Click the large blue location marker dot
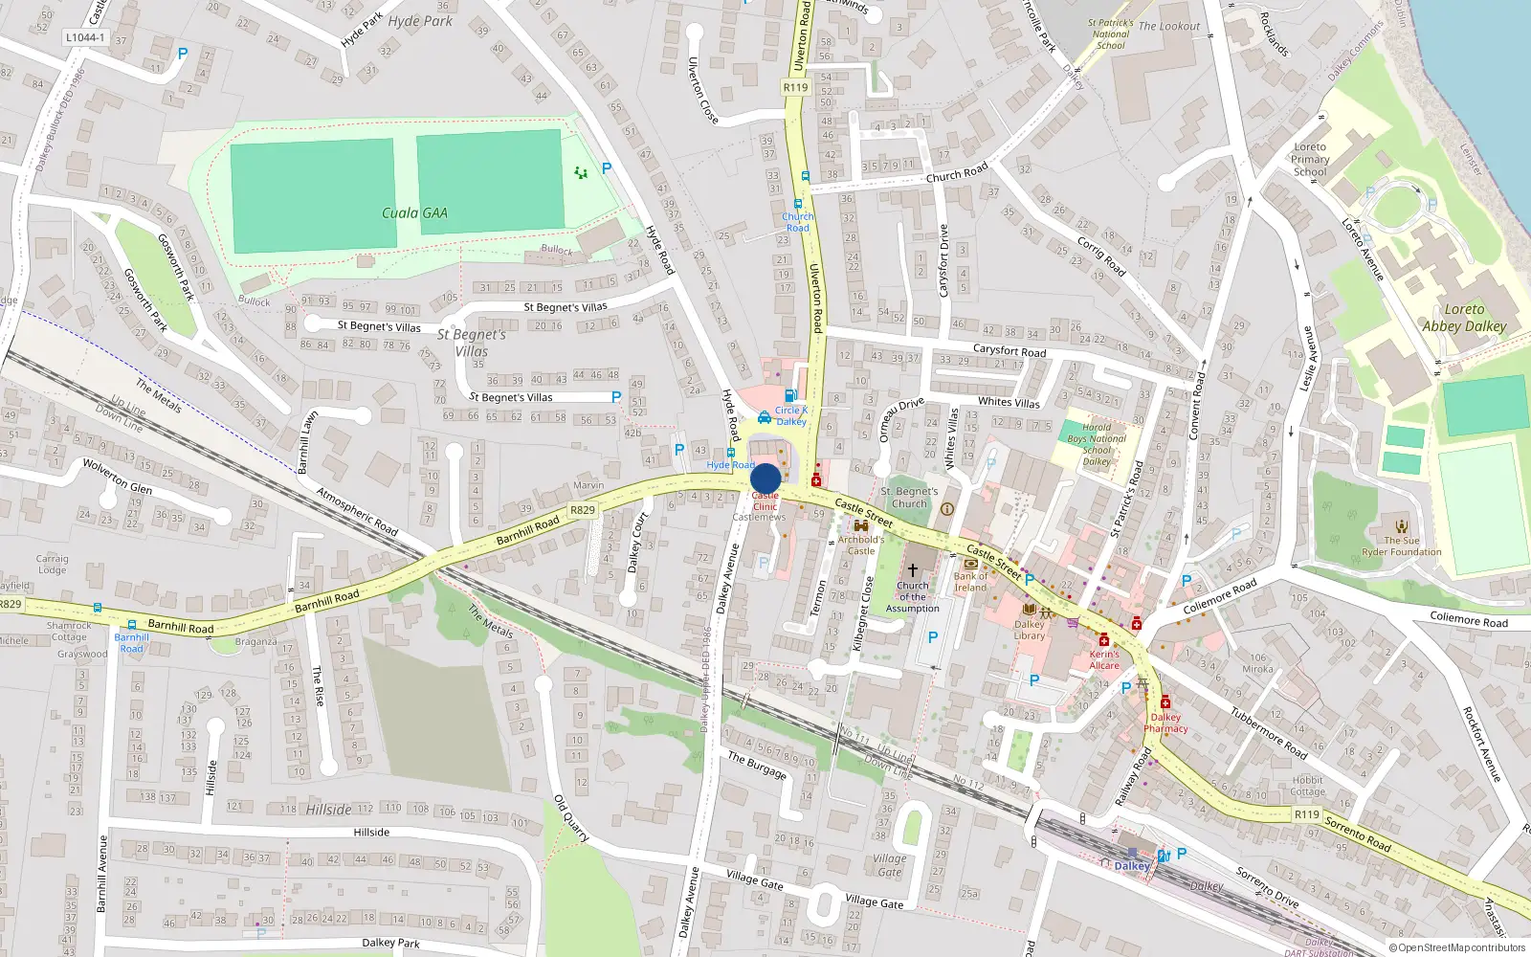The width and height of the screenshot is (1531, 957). click(765, 478)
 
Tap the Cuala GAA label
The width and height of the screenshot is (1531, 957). click(414, 213)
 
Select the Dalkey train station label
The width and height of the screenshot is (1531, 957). click(1132, 866)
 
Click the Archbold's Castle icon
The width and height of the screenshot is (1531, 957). click(860, 525)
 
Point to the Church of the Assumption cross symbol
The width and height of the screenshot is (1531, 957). click(912, 569)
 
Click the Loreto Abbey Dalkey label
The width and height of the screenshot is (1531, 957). click(1464, 318)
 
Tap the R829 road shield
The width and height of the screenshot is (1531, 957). click(583, 510)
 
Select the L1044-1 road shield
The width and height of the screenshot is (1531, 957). click(85, 38)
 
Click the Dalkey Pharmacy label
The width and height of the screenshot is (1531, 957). click(1165, 723)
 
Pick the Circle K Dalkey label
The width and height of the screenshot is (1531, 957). click(791, 415)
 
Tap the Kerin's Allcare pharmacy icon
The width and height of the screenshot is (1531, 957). click(1103, 640)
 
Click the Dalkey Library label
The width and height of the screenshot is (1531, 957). click(1030, 630)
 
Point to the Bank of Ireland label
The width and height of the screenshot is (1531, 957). click(970, 581)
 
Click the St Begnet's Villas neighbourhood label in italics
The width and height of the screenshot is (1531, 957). click(472, 343)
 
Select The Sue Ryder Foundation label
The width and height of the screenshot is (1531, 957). click(1402, 545)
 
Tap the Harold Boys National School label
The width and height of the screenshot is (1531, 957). click(1097, 444)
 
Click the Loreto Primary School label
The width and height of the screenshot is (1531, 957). click(1310, 160)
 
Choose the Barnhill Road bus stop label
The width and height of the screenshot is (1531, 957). click(131, 642)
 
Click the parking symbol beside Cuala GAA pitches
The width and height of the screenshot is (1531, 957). click(606, 168)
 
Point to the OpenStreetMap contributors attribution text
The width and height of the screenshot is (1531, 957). click(1457, 947)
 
